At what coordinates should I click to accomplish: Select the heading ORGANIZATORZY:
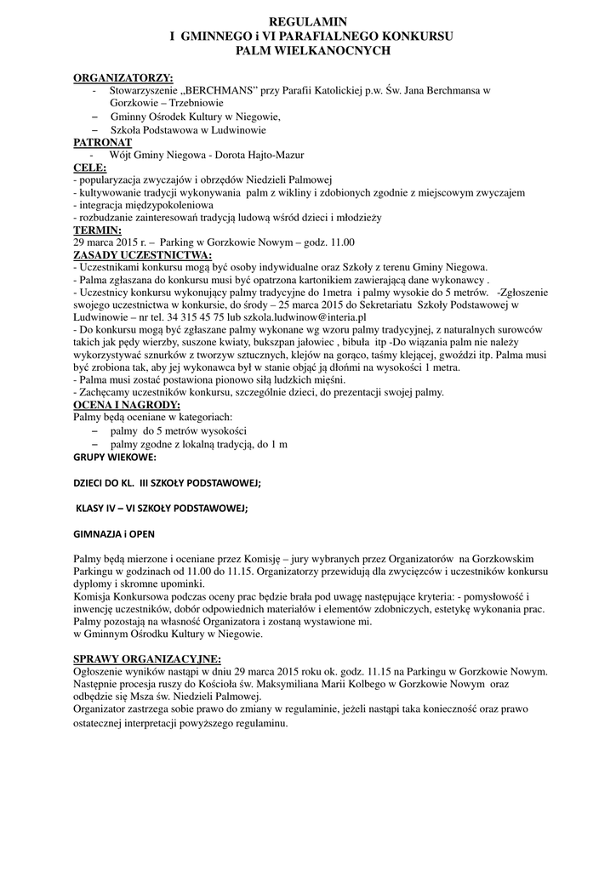(x=123, y=77)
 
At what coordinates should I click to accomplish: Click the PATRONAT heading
(x=102, y=142)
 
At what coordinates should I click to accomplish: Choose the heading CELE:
(x=89, y=168)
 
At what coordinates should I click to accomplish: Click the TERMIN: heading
(x=98, y=230)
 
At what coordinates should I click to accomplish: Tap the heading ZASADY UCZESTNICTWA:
(x=142, y=254)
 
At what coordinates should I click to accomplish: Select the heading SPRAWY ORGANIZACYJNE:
(x=147, y=658)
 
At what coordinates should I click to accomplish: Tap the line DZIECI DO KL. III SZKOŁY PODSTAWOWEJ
(x=167, y=483)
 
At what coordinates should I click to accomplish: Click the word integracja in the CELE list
(x=101, y=205)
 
